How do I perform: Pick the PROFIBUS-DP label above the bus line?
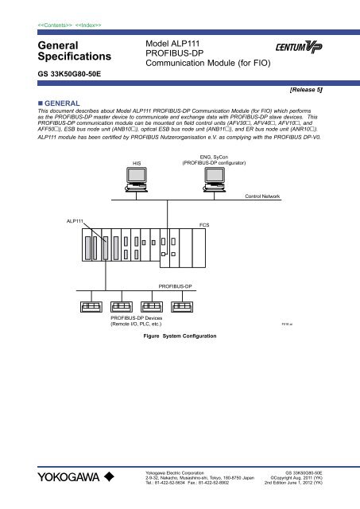[180, 284]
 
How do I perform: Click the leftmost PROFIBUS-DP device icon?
[87, 306]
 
